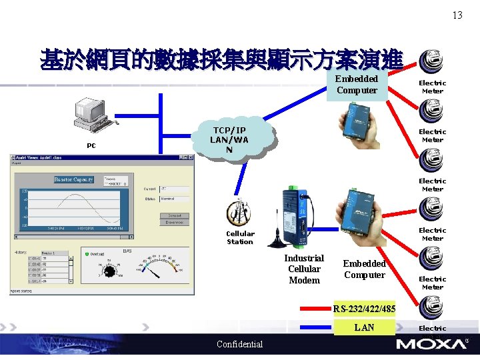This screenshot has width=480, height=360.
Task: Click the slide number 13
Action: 457,15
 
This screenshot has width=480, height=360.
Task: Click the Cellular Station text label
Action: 240,238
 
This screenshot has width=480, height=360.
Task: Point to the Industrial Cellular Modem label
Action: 304,269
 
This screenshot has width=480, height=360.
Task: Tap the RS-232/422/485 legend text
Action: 365,309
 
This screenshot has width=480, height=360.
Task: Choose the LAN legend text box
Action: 365,327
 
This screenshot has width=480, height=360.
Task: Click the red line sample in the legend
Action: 317,309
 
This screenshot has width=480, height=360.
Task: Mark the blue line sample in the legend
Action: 317,327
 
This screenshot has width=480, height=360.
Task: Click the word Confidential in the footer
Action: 240,345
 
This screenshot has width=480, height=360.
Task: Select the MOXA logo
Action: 431,344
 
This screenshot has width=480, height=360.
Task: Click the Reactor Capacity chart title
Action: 74,180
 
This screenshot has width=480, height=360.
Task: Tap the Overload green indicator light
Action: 87,254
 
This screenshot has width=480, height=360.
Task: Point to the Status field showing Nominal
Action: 174,199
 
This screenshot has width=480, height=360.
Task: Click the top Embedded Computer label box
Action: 357,85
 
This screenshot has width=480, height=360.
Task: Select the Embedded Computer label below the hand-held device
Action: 365,269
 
